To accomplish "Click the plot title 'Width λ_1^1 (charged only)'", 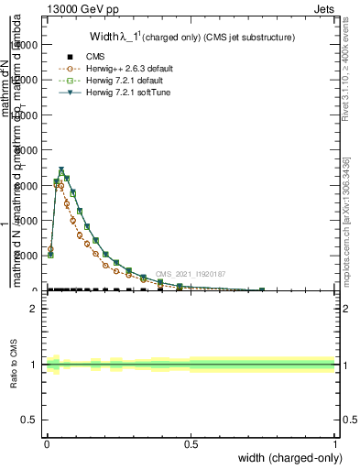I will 191,38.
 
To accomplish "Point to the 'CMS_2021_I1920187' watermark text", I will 190,274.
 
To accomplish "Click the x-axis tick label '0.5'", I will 191,443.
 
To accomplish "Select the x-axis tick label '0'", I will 47,443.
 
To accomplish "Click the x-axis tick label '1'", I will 334,443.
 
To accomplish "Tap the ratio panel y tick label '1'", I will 34,365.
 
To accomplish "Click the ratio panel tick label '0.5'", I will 29,420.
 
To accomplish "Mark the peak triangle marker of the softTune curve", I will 61,170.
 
